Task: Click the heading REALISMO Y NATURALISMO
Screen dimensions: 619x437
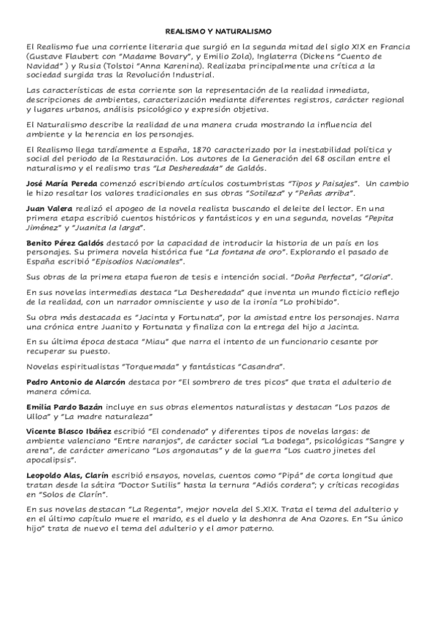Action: (218, 32)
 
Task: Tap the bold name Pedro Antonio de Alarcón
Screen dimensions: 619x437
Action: (74, 382)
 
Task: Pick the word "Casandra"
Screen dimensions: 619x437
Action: (261, 366)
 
